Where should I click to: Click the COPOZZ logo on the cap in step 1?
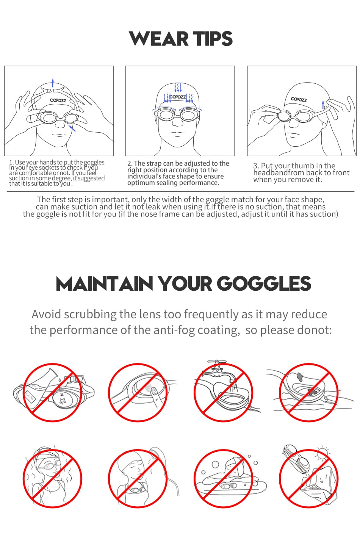tap(58, 100)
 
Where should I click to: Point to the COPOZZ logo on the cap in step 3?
tap(299, 99)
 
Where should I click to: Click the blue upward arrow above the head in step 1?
tap(53, 82)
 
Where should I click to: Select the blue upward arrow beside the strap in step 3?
tap(323, 104)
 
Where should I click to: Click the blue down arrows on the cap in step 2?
tap(178, 88)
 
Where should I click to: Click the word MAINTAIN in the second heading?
tap(104, 284)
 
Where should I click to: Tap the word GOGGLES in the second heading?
tap(264, 284)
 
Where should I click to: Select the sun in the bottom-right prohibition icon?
tap(323, 452)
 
